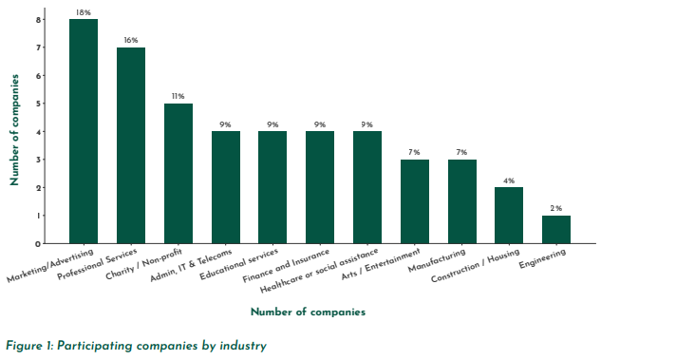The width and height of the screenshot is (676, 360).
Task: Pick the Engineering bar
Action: point(556,229)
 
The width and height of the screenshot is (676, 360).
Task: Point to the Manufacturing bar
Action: point(461,201)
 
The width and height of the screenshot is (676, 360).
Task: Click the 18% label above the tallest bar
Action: point(84,12)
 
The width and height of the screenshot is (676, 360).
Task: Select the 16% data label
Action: point(130,40)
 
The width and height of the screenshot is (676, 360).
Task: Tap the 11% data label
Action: point(178,96)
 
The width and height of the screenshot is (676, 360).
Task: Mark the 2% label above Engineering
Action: point(556,208)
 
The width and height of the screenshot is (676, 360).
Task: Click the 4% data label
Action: point(509,180)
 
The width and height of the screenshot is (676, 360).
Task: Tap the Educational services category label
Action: point(240,267)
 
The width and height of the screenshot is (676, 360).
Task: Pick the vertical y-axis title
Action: point(14,131)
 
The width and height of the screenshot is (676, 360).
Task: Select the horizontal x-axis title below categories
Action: point(308,312)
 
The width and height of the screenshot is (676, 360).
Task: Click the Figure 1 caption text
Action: point(136,346)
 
